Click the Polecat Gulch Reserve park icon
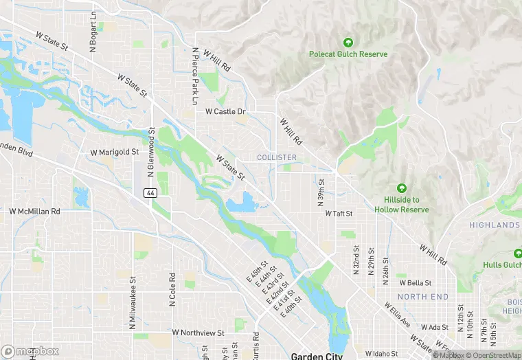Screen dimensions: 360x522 coord(348,43)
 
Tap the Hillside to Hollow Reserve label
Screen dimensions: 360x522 coord(402,205)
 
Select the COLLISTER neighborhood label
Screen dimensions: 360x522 coord(276,157)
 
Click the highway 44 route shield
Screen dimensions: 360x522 coord(149,194)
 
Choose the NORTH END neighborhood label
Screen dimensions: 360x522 coord(423,297)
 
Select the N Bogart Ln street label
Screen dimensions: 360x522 coord(93,32)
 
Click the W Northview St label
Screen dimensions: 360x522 coord(198,333)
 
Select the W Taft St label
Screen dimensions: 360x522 coord(338,214)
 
